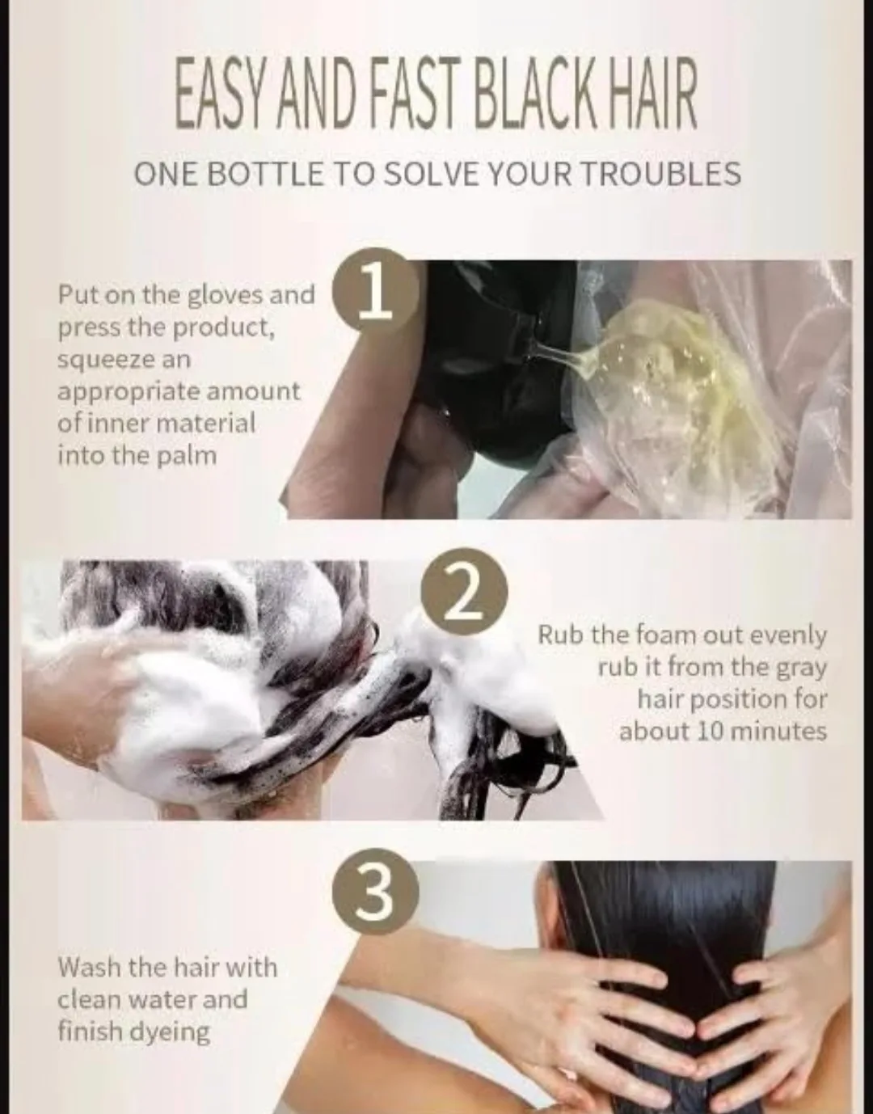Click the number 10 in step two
click(711, 731)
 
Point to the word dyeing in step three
click(171, 1032)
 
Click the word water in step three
click(158, 999)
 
